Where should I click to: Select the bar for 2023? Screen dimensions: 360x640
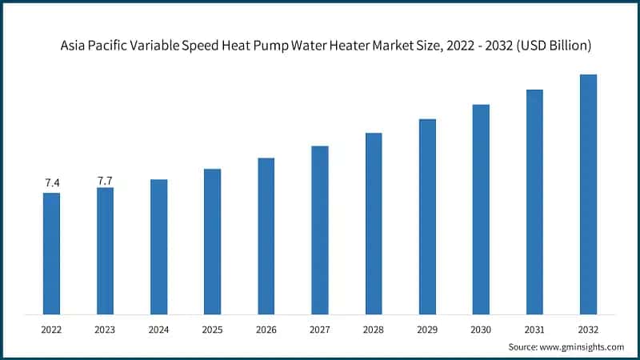(x=105, y=250)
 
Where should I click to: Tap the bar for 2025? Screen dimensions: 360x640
(x=212, y=241)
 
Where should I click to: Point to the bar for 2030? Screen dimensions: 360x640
(x=481, y=209)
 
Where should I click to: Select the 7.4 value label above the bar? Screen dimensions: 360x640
(x=51, y=183)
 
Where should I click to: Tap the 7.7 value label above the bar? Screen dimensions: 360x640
(x=105, y=181)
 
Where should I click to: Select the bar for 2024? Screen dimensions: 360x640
(x=158, y=246)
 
